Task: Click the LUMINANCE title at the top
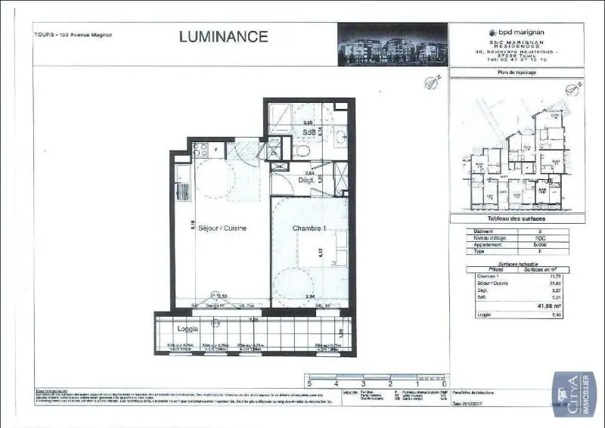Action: click(223, 36)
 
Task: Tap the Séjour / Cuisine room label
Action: click(222, 228)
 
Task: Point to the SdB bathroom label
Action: click(309, 132)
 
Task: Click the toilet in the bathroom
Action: click(303, 150)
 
